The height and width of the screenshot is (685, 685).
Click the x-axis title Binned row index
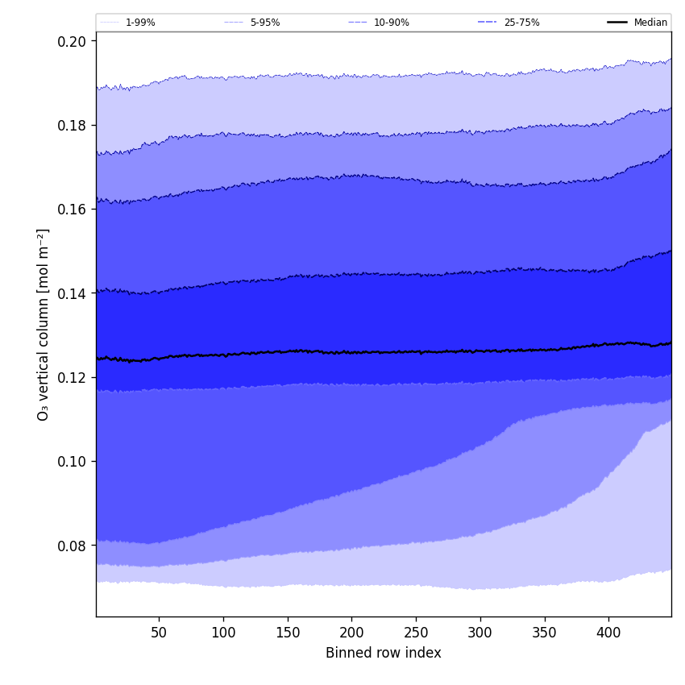(x=384, y=653)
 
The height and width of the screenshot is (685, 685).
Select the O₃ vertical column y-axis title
(x=44, y=324)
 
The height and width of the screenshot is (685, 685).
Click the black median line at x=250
(x=416, y=351)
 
